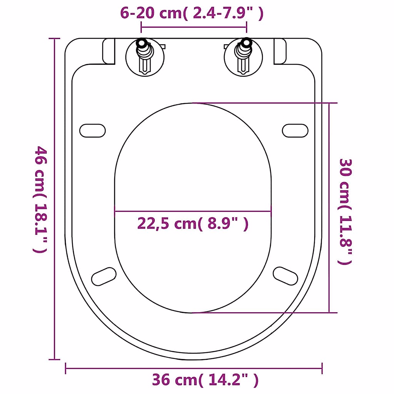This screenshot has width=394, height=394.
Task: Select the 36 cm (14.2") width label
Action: click(x=205, y=380)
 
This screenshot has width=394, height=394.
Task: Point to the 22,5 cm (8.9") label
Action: click(x=193, y=224)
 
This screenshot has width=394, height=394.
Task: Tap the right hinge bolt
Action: click(x=243, y=56)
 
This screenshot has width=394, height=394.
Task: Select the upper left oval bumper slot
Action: click(x=93, y=131)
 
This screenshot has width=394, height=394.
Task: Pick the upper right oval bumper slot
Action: click(x=295, y=130)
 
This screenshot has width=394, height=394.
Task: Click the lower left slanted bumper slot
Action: click(x=104, y=276)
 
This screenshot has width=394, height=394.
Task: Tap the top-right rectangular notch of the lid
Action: click(x=279, y=51)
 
